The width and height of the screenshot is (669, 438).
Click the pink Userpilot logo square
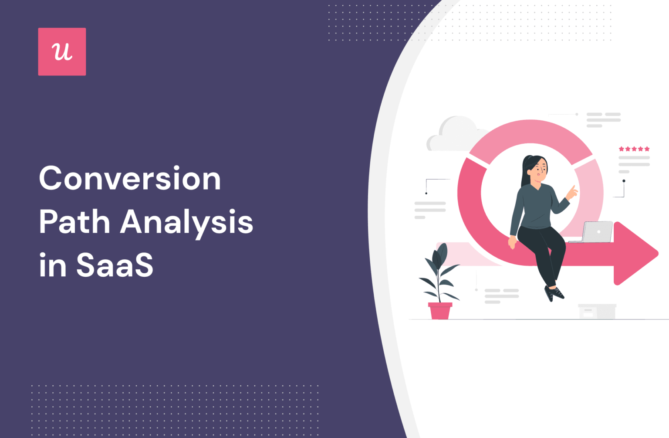pos(62,51)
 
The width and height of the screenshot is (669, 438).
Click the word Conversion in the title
pos(130,178)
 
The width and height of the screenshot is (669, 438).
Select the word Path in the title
pos(74,222)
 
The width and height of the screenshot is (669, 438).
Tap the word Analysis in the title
pos(186,223)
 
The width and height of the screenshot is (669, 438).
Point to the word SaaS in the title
pos(115,265)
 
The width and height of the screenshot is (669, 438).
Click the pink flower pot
pos(440,311)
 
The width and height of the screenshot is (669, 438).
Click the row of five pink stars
pos(634,149)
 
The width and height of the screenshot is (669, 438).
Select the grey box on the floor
pos(597,311)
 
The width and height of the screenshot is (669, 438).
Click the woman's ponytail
pos(524,172)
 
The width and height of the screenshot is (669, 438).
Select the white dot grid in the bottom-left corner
pos(174,410)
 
